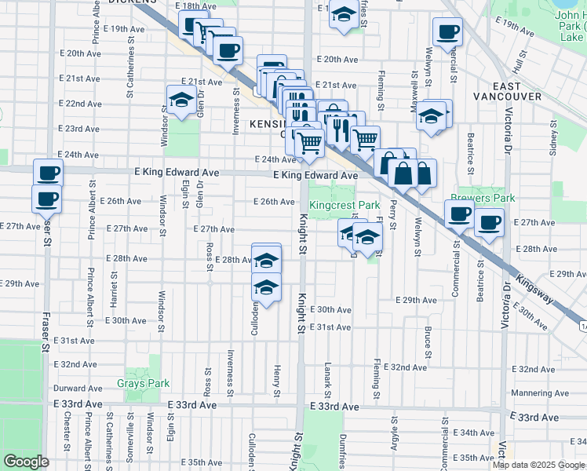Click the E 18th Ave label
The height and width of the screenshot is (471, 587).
click(196, 5)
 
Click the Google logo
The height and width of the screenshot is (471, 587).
click(26, 462)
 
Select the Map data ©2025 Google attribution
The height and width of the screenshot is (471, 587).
click(538, 465)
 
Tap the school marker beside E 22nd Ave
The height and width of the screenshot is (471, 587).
click(180, 100)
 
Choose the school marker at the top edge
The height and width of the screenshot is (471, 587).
click(343, 15)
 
